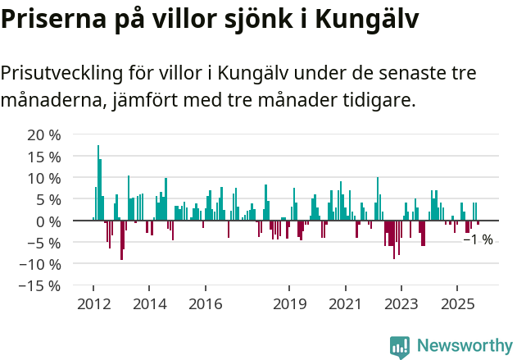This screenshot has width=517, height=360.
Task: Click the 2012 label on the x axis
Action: pyautogui.click(x=93, y=304)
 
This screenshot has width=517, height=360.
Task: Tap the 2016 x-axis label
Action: pyautogui.click(x=205, y=304)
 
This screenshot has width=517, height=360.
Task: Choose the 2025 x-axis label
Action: pyautogui.click(x=457, y=304)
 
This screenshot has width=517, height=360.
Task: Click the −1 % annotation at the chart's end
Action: pyautogui.click(x=478, y=240)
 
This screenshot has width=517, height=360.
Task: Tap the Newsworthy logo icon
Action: pyautogui.click(x=400, y=346)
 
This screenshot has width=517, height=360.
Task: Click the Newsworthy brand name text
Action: pyautogui.click(x=464, y=346)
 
